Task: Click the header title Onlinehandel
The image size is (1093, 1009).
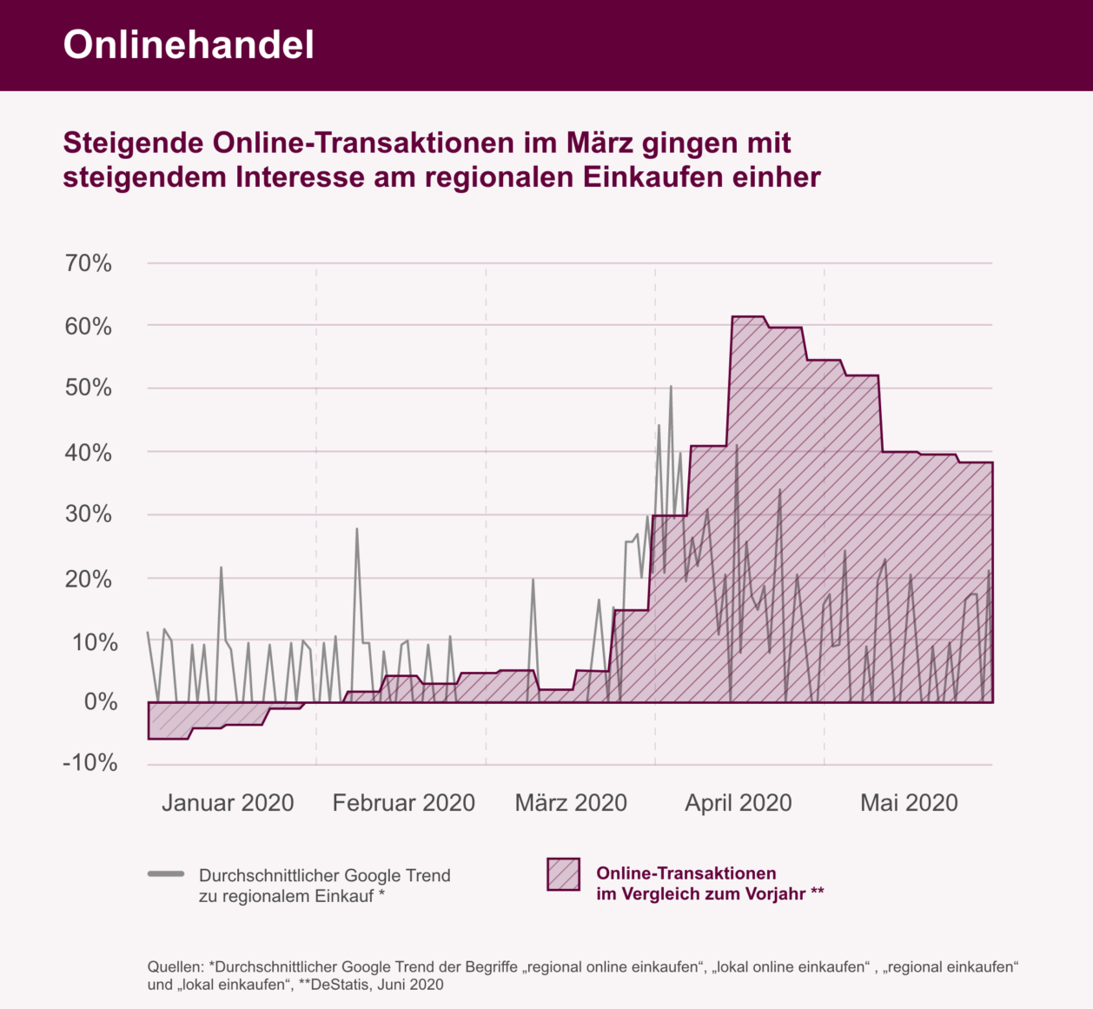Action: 189,45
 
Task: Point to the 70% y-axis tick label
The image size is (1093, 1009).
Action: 89,263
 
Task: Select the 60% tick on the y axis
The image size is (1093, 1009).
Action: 89,327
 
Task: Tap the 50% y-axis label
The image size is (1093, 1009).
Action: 89,388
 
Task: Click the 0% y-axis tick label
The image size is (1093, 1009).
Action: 101,702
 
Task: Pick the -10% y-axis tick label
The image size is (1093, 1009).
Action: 89,763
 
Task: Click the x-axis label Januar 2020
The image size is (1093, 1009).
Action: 228,803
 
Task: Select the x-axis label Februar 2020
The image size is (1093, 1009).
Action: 403,803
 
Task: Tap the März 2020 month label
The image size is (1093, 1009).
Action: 571,803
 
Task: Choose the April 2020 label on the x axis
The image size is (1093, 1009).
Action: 739,803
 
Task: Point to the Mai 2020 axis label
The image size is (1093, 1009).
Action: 909,803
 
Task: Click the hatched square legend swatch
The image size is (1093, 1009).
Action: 563,874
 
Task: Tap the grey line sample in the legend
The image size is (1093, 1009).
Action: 166,873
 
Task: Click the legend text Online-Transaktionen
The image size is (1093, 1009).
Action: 686,873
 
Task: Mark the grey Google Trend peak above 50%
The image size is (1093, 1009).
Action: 671,387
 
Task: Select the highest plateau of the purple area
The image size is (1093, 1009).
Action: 747,317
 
